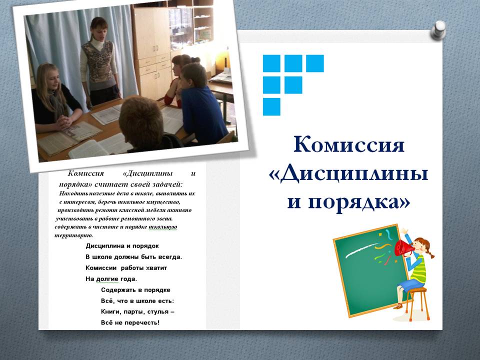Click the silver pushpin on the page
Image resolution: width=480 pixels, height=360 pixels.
pos(438,30)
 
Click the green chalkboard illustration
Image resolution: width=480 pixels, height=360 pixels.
pos(370,271)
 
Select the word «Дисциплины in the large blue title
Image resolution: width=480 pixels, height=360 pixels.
pos(348,174)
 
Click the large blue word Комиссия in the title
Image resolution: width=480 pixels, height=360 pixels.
pos(349,144)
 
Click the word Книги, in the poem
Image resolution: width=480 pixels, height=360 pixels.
pos(110,312)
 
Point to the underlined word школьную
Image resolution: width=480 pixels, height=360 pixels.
pos(163,227)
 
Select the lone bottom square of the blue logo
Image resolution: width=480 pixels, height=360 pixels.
pos(271,107)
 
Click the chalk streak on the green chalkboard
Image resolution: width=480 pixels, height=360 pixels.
pos(361,249)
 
